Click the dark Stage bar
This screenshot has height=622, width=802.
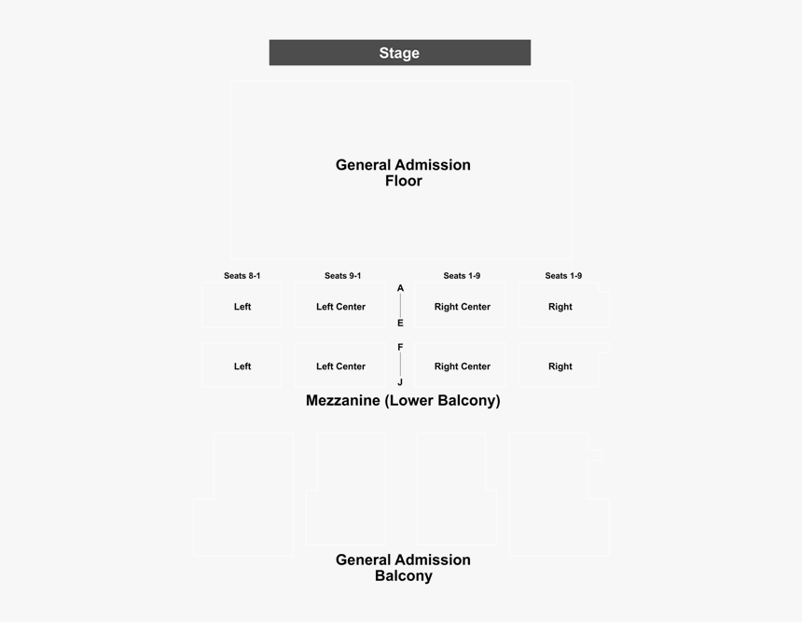pos(400,52)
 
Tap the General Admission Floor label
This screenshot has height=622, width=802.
pos(403,173)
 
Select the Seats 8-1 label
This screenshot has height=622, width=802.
pos(242,276)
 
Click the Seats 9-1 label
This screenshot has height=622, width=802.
pos(342,276)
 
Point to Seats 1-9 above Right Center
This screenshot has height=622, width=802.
pos(462,276)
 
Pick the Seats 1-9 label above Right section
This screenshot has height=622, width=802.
pos(563,276)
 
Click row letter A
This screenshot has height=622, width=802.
pos(400,288)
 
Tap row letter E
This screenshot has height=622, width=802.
pos(400,324)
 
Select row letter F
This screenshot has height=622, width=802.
pos(400,347)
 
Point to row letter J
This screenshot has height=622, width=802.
pos(400,382)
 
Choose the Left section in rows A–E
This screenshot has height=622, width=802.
pos(242,305)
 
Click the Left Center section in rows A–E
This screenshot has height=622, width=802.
pos(340,305)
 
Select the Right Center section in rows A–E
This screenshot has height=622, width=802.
pos(461,305)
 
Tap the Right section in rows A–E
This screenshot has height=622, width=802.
pos(564,305)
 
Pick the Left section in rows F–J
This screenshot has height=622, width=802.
pos(242,365)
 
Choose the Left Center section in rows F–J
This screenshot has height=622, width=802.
pos(340,365)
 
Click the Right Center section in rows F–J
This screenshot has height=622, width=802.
pos(461,365)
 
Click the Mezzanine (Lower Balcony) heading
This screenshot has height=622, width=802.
pos(403,400)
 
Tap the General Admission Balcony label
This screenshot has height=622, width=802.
pos(403,568)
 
